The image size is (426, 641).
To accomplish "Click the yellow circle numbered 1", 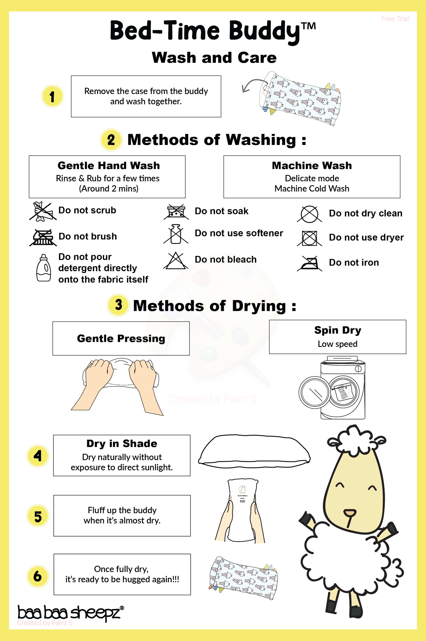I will coord(53,96).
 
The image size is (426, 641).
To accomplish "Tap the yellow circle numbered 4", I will coord(38,456).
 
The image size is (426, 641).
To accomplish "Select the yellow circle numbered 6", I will coord(38,576).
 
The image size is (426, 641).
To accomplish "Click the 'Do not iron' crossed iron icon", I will coord(310,263).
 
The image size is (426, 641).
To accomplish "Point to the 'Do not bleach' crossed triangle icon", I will coord(176,261).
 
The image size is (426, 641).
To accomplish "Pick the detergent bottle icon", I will coord(43,268).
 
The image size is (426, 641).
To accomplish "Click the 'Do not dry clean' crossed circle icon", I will coord(309,214).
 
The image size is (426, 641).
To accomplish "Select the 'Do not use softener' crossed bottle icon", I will coord(176,234).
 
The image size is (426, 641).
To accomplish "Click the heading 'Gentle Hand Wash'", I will coord(108,165).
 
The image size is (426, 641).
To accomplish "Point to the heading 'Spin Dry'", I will coord(337,330).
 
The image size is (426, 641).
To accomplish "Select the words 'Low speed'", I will coord(337,344).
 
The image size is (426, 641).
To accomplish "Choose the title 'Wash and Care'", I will coord(214,58).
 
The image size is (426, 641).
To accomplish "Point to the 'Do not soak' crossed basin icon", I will coord(176,212).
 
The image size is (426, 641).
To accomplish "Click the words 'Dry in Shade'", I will coord(122,444).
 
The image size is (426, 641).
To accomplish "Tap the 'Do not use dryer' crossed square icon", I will coord(309,238).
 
